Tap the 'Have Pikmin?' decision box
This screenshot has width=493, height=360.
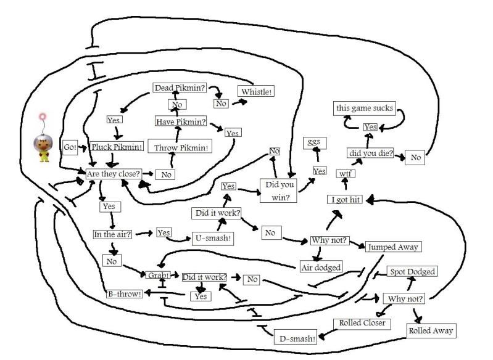tap(181, 121)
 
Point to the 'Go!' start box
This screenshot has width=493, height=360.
tap(70, 147)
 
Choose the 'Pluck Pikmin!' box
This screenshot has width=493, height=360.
tap(117, 147)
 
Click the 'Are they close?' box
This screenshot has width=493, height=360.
tap(113, 174)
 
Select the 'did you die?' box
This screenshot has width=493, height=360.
tap(370, 153)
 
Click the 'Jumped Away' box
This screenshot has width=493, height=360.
tap(393, 247)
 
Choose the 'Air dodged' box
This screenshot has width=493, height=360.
tap(321, 267)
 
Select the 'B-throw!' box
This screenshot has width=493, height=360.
tap(125, 293)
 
